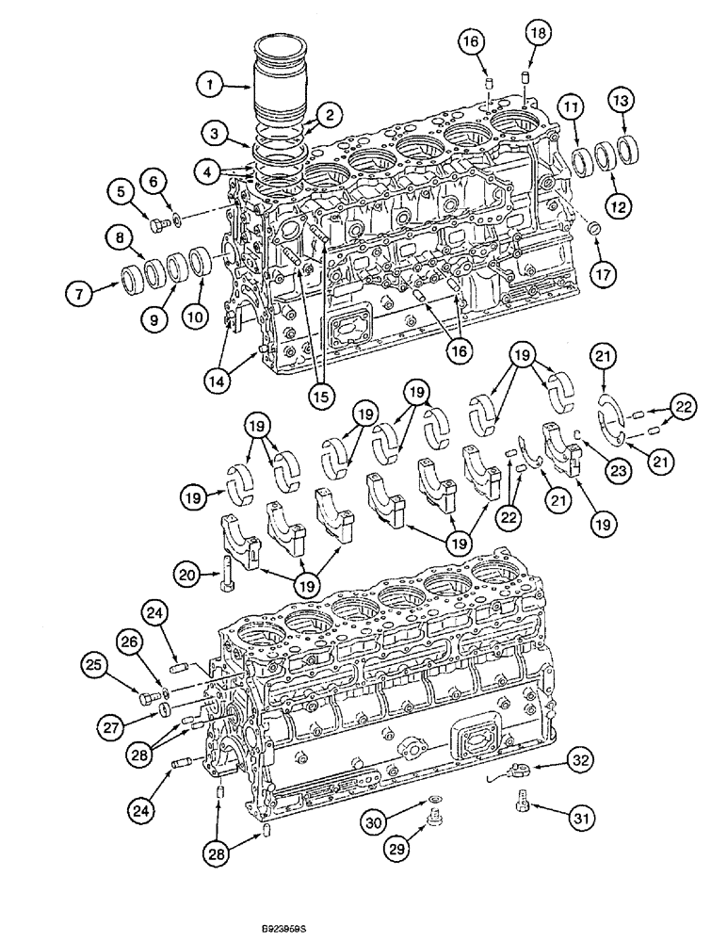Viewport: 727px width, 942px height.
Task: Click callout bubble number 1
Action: tap(211, 85)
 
